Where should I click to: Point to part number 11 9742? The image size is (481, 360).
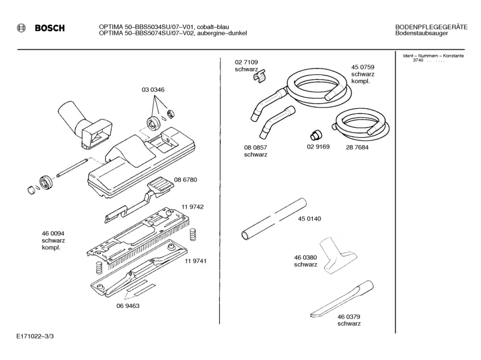click(x=193, y=207)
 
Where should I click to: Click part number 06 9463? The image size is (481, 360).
click(x=128, y=306)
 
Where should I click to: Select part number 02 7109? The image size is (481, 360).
click(x=246, y=62)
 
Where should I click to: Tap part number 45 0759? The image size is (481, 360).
click(x=362, y=67)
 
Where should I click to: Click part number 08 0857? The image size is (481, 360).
click(x=256, y=147)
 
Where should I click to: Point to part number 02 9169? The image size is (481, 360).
click(x=318, y=147)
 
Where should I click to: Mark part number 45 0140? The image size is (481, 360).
click(x=309, y=219)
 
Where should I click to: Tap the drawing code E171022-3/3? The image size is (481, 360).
click(x=36, y=337)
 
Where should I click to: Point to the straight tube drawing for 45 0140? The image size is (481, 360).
click(x=273, y=219)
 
